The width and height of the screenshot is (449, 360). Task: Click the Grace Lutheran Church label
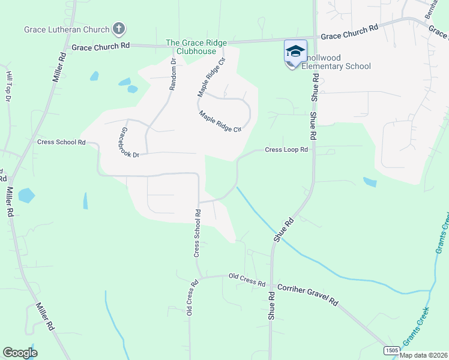tap(67, 29)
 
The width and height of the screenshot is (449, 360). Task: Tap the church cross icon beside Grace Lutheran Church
tap(119, 28)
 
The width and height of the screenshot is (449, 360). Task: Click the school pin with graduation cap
tap(295, 52)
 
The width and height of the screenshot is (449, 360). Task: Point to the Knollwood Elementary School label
tap(336, 61)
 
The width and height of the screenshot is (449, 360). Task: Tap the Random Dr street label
tap(173, 74)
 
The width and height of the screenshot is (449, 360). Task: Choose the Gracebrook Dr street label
tap(129, 143)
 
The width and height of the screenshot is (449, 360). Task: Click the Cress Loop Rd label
tap(286, 149)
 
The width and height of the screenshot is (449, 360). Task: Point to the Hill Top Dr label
tap(9, 85)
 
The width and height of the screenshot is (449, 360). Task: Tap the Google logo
tap(20, 353)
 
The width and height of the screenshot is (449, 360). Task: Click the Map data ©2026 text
tap(423, 355)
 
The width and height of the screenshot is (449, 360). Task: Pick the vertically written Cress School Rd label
tap(196, 233)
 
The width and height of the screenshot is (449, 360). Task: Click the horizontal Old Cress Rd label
tap(247, 280)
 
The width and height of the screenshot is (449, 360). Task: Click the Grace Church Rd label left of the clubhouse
tap(100, 46)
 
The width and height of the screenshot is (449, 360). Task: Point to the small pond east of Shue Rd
tap(370, 182)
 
